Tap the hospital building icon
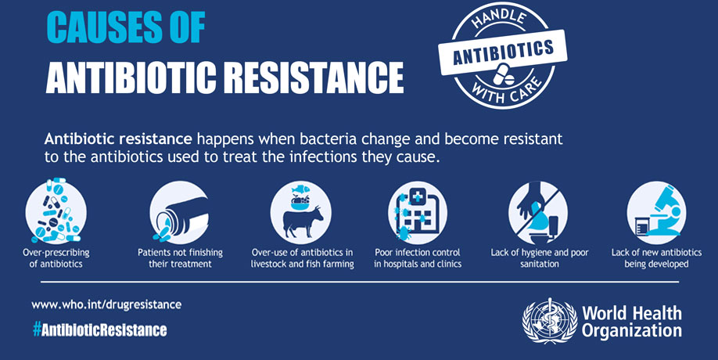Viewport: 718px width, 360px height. [x=418, y=212]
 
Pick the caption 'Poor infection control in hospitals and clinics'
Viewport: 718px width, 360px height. [x=418, y=258]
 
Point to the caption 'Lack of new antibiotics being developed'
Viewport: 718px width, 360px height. [x=655, y=258]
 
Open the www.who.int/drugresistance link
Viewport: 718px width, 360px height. [x=106, y=304]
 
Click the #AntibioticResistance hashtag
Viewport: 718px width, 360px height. [x=99, y=329]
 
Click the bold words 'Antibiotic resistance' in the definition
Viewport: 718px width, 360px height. [x=118, y=139]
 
